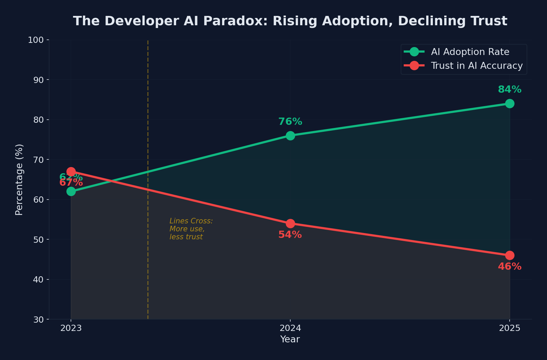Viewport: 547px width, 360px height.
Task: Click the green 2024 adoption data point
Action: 290,136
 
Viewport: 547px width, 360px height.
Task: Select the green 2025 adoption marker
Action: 509,103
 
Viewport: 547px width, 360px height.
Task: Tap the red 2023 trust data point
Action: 71,172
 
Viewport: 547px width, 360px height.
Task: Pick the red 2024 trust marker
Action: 290,223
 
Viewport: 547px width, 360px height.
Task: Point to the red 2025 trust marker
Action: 509,256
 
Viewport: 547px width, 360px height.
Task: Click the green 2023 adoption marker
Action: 71,191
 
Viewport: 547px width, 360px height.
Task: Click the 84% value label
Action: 509,90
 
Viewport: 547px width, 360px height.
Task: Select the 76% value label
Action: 290,122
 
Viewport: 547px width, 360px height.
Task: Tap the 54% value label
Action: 290,235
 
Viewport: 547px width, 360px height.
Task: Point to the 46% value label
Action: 509,267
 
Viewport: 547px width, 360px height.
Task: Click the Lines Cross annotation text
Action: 191,229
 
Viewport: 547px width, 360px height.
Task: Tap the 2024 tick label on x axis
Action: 290,328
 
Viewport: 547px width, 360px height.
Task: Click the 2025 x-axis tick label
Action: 509,328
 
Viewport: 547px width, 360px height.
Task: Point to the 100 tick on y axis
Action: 36,40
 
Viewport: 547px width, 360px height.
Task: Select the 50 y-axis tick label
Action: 38,240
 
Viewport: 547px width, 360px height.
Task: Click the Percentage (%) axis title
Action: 19,179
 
